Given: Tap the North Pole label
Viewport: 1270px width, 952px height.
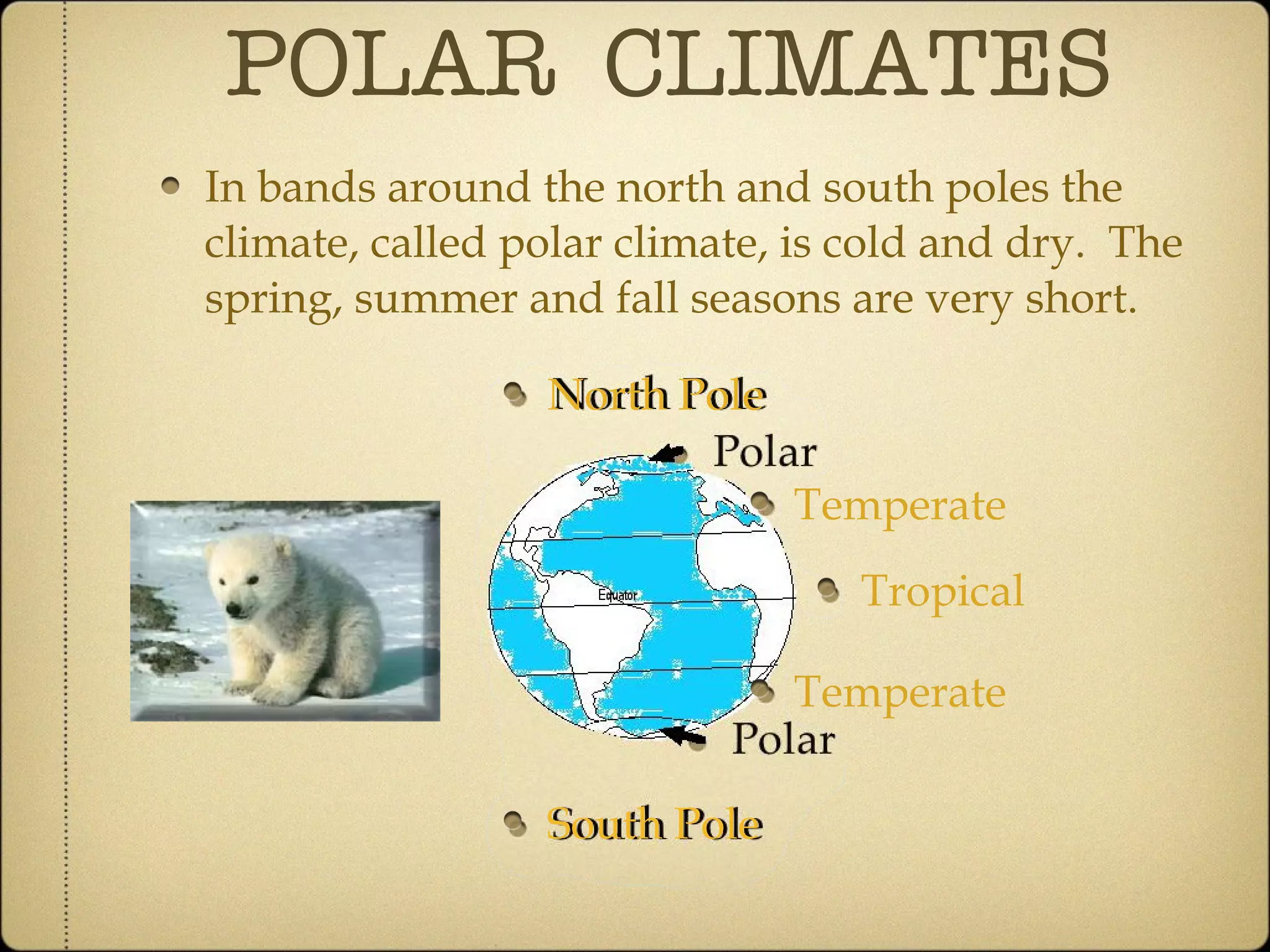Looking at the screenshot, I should tap(657, 394).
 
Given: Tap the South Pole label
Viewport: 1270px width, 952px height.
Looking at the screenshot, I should tap(655, 824).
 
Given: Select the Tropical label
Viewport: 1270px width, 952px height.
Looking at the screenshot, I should tap(942, 591).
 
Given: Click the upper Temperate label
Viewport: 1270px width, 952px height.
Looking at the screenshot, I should tap(900, 505).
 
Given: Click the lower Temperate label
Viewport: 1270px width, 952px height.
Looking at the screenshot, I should tap(900, 692).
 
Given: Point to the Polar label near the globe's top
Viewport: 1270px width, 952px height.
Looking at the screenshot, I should tap(765, 451).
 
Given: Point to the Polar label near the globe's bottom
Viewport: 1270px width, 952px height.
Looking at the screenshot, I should tap(783, 739).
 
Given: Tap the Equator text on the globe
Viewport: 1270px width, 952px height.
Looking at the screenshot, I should tap(617, 596).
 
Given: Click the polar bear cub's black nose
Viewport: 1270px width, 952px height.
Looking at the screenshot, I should tap(235, 610).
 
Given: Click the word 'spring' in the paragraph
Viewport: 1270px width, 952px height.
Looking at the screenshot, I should tap(270, 300).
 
